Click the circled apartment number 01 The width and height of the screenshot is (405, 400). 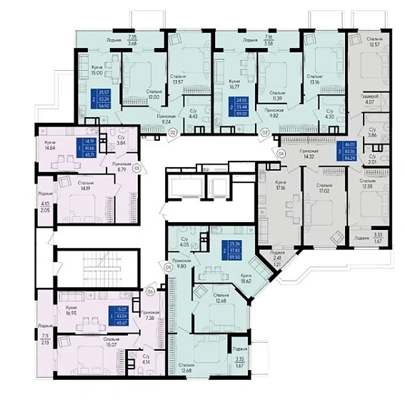pyautogui.click(x=136, y=169)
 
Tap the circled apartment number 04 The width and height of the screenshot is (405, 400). pyautogui.click(x=280, y=153)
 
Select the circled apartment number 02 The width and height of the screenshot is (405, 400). pyautogui.click(x=174, y=132)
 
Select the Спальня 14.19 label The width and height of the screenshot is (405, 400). pyautogui.click(x=87, y=186)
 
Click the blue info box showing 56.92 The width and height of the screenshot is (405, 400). pyautogui.click(x=103, y=96)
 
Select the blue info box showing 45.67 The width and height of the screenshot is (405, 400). pyautogui.click(x=116, y=315)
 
